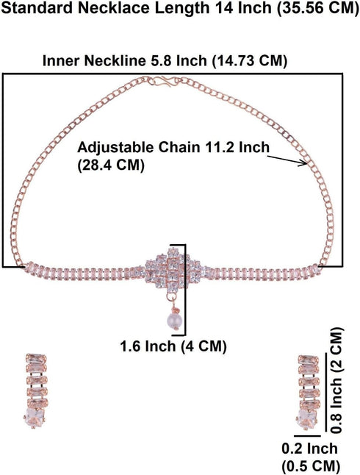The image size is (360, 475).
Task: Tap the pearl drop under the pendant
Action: tap(173, 321)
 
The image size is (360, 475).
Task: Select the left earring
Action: tap(35, 390)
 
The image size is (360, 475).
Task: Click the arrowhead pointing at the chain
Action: tap(303, 163)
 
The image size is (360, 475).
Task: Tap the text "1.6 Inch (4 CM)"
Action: tap(173, 346)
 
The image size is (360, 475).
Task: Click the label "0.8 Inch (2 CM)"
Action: tap(336, 380)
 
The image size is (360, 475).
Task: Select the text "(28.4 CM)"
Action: tap(111, 165)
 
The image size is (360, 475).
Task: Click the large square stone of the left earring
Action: tap(35, 418)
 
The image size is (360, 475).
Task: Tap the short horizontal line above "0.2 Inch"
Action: tap(307, 436)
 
